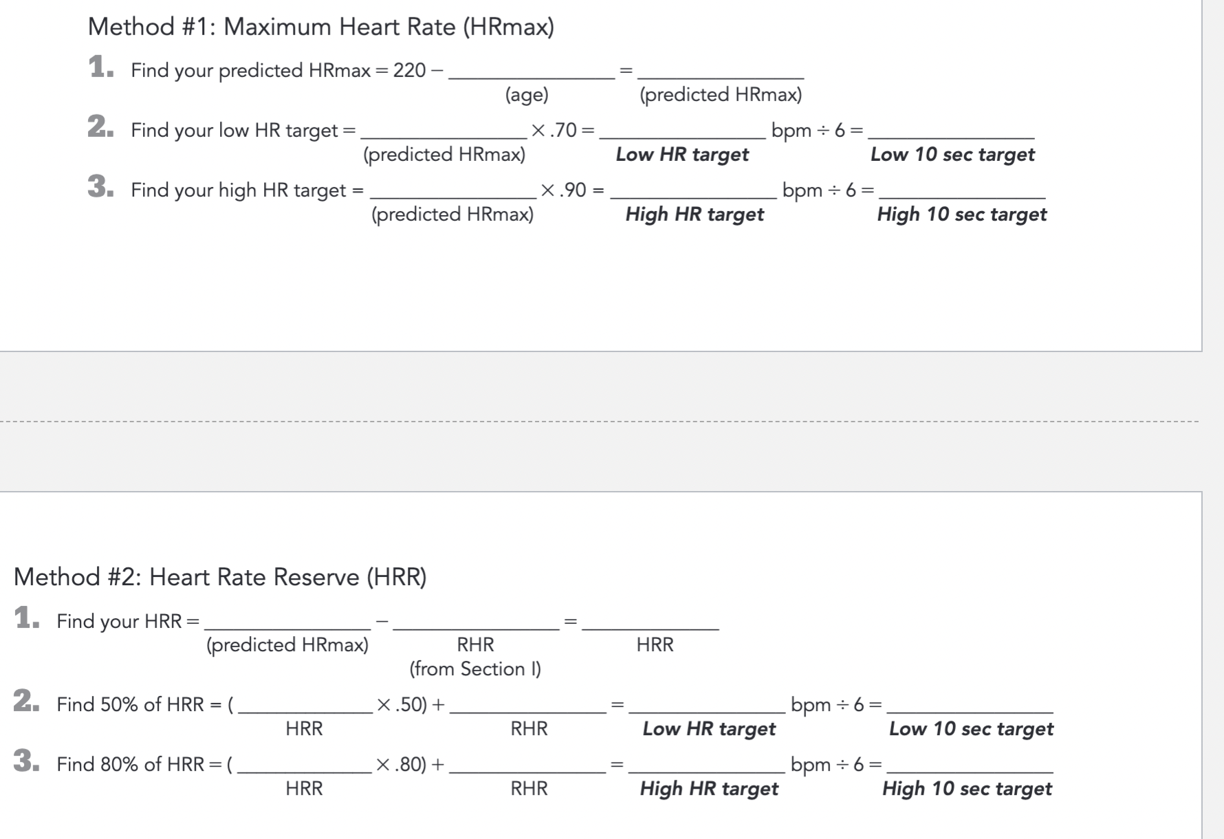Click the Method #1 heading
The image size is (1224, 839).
tap(320, 27)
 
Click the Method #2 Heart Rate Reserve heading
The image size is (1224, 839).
tap(220, 576)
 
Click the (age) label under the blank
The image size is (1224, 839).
tap(527, 94)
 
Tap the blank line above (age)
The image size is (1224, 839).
tap(531, 74)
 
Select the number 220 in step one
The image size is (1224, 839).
tap(409, 70)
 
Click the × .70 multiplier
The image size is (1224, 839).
tap(562, 130)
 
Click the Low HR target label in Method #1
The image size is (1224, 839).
tap(681, 154)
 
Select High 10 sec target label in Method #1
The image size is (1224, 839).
tap(961, 214)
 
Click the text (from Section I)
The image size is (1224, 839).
tap(475, 668)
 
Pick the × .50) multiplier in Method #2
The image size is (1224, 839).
tap(402, 704)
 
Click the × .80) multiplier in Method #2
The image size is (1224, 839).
tap(402, 764)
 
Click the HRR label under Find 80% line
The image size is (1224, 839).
tap(304, 788)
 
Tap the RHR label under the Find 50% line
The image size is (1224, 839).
tap(529, 728)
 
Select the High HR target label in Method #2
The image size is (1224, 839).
tap(708, 788)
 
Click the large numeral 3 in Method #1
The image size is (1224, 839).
tap(100, 186)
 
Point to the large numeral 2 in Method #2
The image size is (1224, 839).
tap(26, 701)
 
